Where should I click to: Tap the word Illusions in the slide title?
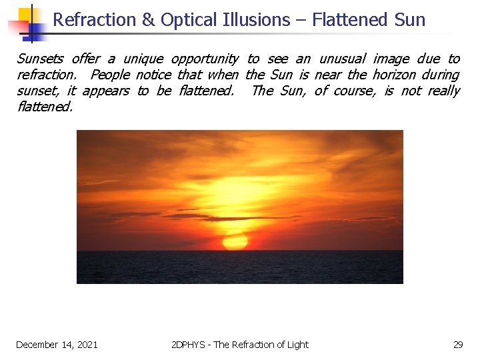(255, 20)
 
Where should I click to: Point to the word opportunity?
(205, 59)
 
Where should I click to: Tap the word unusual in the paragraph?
(343, 59)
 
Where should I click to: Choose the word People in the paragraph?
(111, 75)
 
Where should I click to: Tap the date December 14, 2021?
(57, 345)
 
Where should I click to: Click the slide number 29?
(458, 345)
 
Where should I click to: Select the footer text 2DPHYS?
(189, 345)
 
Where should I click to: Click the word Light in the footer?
(297, 345)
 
